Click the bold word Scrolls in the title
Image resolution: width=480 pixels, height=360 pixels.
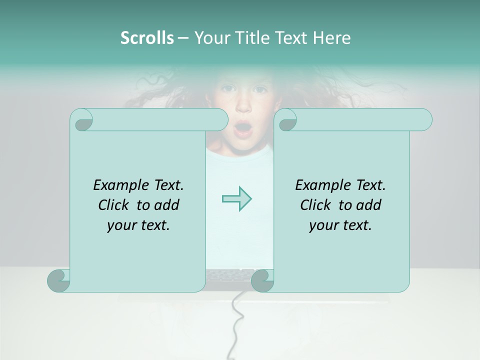(x=147, y=38)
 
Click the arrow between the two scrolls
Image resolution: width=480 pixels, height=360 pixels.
(x=236, y=198)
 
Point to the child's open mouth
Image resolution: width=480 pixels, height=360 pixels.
(x=243, y=129)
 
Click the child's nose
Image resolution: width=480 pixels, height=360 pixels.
(x=243, y=107)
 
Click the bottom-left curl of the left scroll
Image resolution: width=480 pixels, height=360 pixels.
(x=59, y=281)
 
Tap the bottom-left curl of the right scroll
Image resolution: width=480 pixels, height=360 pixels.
(x=262, y=281)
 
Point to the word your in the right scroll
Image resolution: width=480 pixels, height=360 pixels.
(x=322, y=225)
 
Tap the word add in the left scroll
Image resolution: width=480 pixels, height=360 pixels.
(x=166, y=205)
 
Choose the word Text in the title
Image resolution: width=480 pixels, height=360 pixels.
(x=290, y=38)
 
